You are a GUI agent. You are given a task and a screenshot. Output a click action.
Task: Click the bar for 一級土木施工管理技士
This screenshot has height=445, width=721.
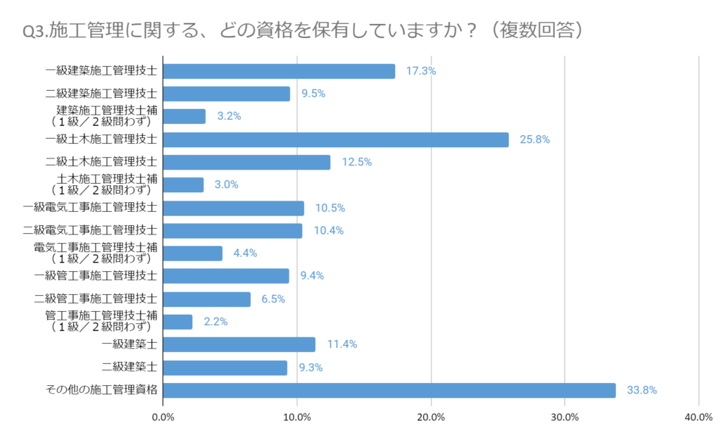(x=336, y=139)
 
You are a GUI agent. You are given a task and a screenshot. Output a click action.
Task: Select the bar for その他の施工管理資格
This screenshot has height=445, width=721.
(x=389, y=390)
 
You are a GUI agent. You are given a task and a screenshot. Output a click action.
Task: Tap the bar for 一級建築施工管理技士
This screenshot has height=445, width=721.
(x=279, y=71)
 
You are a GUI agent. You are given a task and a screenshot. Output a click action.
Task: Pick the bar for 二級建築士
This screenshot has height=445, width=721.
(x=225, y=368)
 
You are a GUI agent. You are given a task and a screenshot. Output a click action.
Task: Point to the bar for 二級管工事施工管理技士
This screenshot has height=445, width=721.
(x=207, y=299)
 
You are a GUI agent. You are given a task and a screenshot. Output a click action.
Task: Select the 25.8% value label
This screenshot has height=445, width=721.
(x=534, y=139)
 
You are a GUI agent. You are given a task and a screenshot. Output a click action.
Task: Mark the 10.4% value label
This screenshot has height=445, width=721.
(x=328, y=230)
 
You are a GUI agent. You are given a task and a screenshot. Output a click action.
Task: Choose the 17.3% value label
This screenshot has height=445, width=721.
(x=421, y=71)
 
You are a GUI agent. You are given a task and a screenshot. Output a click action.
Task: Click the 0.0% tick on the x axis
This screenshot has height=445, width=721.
(x=163, y=418)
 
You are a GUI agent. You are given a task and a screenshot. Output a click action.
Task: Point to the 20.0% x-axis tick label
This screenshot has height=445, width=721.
(x=431, y=418)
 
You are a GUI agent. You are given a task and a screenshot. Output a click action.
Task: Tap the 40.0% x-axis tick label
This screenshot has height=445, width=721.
(x=698, y=418)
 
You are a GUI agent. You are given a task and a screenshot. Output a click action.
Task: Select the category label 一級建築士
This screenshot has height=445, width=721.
(x=130, y=344)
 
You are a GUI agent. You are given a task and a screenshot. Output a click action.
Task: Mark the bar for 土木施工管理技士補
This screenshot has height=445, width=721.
(x=184, y=184)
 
